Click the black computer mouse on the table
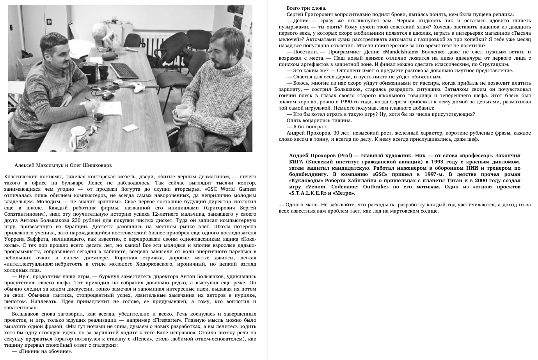[108, 96]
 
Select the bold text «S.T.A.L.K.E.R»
[307, 193]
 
